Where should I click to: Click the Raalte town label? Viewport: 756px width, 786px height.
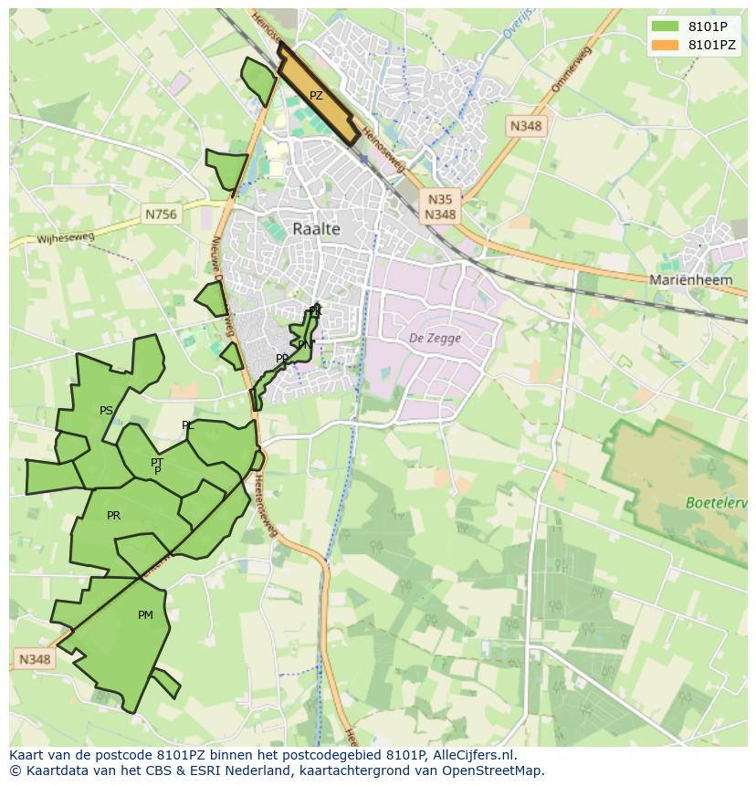[317, 229]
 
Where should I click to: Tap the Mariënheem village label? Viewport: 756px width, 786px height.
[690, 280]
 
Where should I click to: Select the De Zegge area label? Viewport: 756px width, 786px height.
[435, 338]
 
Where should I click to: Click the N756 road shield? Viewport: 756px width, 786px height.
[162, 215]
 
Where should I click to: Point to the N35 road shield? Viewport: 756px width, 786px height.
[440, 199]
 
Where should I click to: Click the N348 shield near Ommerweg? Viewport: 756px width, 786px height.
[526, 126]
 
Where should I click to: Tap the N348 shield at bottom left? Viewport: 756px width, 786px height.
[35, 659]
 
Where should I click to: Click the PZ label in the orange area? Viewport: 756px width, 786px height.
[316, 96]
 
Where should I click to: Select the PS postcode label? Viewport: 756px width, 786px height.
[107, 411]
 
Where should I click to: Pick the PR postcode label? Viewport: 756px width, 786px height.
[113, 516]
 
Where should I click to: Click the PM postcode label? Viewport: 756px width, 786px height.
[145, 615]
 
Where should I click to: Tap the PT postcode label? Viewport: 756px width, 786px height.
[157, 463]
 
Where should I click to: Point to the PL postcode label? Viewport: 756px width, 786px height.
[188, 425]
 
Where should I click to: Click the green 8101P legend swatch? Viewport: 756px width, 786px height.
[666, 26]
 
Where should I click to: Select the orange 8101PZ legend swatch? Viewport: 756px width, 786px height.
[666, 44]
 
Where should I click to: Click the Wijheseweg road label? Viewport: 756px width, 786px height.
[66, 239]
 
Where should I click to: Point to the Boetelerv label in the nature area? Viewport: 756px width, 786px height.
[716, 503]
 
